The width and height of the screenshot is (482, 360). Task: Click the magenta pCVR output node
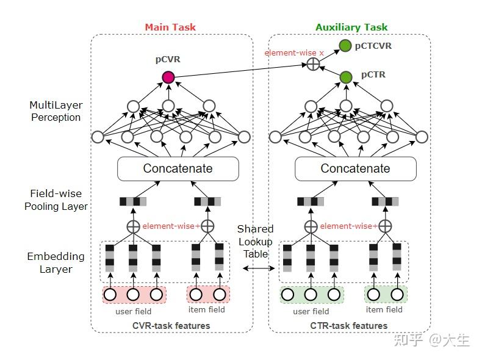click(168, 77)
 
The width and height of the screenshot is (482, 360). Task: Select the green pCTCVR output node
click(345, 45)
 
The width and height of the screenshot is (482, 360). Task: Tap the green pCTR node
click(346, 77)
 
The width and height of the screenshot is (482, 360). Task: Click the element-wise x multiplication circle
click(313, 64)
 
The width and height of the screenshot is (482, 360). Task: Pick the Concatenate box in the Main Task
click(178, 168)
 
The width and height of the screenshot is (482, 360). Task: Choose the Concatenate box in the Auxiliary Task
click(355, 168)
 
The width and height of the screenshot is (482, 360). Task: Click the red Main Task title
click(170, 27)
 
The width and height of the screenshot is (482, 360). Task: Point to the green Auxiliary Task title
click(351, 27)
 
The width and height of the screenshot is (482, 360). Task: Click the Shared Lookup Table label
click(255, 241)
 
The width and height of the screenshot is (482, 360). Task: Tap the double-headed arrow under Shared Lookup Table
click(256, 268)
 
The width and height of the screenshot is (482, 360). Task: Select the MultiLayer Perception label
click(55, 111)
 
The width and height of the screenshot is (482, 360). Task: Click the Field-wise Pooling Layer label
click(56, 200)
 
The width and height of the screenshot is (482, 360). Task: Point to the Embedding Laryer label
click(56, 262)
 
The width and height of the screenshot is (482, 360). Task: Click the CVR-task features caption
click(171, 325)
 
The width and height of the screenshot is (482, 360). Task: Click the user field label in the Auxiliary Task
click(311, 311)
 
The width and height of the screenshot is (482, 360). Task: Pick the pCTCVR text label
click(374, 45)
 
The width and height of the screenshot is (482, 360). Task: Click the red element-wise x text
click(294, 53)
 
